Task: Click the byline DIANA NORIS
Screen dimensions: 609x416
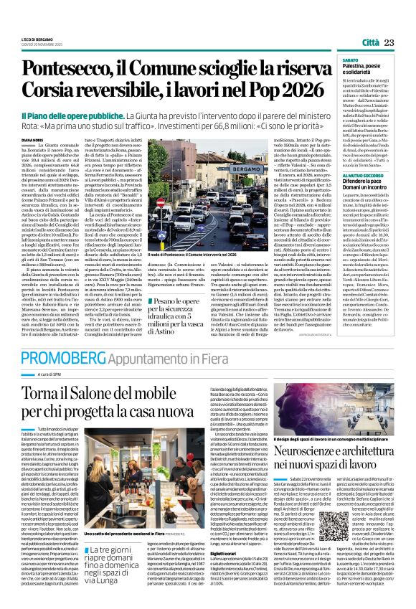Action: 33,141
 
